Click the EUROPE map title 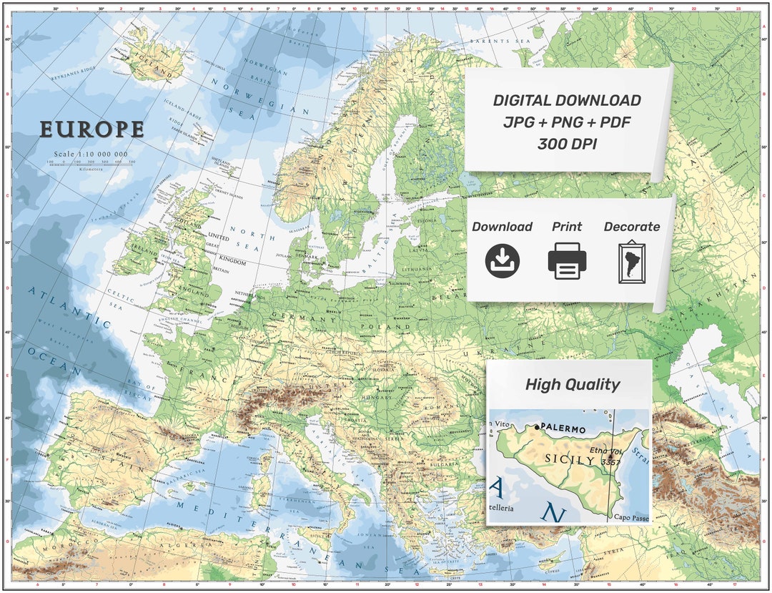click(91, 129)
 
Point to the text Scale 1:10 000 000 click(91, 154)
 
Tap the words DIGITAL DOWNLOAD click(567, 101)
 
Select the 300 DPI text click(567, 144)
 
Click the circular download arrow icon click(502, 261)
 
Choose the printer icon click(567, 261)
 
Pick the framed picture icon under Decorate click(631, 263)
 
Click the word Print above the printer click(567, 227)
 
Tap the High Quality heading click(572, 384)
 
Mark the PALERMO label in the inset click(563, 428)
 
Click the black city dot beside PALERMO click(537, 427)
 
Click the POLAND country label click(377, 327)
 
